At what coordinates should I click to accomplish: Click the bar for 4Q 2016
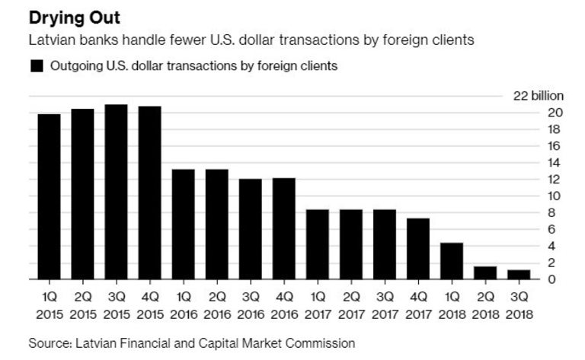[x=283, y=228]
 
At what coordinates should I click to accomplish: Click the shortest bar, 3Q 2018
[x=518, y=274]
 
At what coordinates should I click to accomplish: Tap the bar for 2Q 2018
[x=484, y=272]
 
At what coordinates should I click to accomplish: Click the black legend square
[x=36, y=66]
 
